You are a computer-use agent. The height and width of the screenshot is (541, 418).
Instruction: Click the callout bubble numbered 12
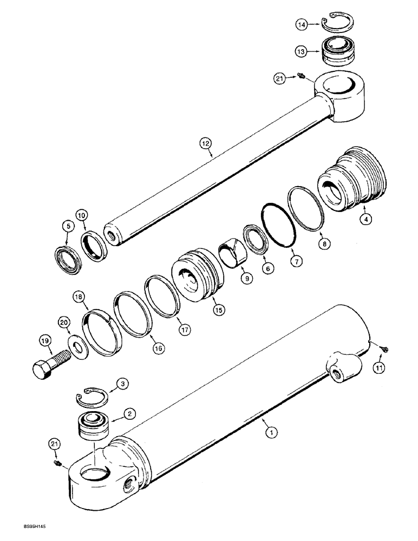pyautogui.click(x=205, y=144)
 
